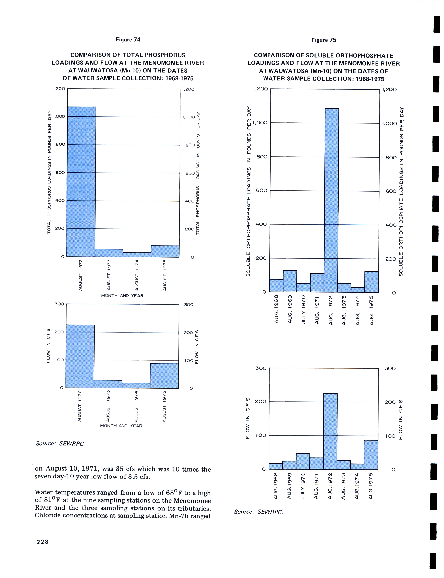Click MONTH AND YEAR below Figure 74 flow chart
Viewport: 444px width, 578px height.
(121, 426)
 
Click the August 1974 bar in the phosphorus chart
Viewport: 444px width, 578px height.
(137, 255)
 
